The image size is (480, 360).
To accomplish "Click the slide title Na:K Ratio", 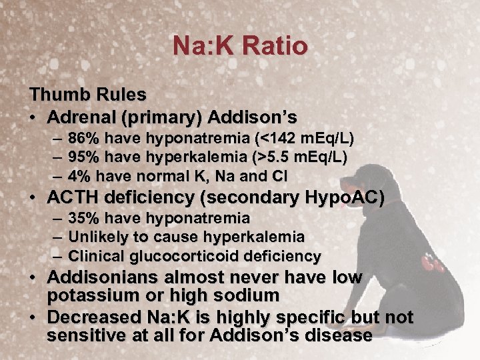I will (240, 47).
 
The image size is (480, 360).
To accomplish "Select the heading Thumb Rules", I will (87, 97).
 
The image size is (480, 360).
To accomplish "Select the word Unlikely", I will (94, 237).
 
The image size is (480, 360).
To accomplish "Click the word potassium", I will (91, 295).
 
